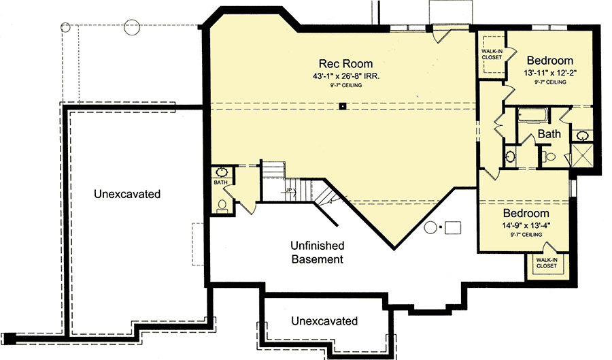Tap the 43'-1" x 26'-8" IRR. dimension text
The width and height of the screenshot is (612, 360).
[x=347, y=76]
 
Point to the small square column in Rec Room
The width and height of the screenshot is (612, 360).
[x=344, y=105]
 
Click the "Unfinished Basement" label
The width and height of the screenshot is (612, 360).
[x=318, y=252]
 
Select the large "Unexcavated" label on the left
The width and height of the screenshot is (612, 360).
[x=127, y=194]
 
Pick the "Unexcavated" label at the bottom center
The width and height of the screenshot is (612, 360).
[x=324, y=321]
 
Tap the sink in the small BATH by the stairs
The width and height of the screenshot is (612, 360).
[x=222, y=173]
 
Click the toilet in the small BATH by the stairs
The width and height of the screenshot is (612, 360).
[x=222, y=204]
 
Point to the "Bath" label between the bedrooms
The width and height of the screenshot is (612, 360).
[x=549, y=134]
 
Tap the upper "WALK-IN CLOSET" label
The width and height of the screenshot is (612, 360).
[x=492, y=54]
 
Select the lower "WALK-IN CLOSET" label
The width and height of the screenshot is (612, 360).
[x=545, y=263]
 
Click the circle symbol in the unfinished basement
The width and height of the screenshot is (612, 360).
[x=430, y=227]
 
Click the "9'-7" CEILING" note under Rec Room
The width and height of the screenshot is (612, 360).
[x=347, y=86]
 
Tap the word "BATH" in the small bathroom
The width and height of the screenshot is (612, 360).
[x=220, y=182]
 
